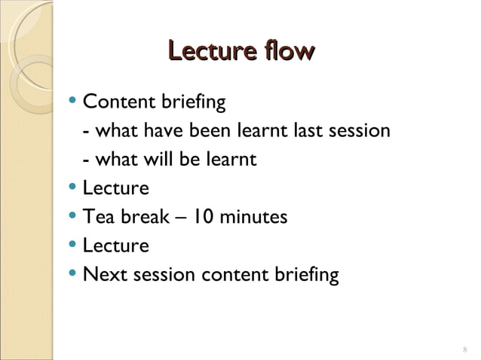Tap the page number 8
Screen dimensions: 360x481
[464, 349]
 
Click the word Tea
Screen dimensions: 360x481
[97, 218]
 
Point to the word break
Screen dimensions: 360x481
[143, 218]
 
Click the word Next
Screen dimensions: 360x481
[105, 275]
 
